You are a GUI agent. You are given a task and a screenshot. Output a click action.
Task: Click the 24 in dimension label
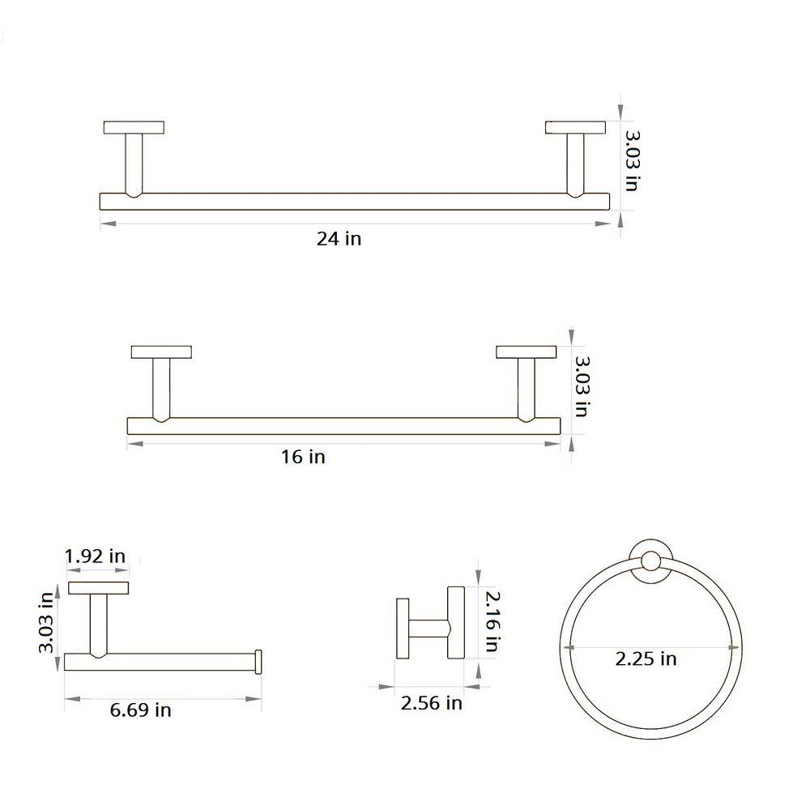[x=339, y=239]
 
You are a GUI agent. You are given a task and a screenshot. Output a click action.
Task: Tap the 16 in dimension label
[x=303, y=457]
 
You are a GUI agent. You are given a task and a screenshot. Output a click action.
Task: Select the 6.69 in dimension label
[x=140, y=710]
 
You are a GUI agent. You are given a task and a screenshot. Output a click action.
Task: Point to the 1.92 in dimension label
[x=95, y=556]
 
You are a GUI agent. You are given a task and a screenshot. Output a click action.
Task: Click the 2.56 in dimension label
[x=432, y=702]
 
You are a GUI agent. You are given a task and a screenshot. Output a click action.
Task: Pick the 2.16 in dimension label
[x=492, y=621]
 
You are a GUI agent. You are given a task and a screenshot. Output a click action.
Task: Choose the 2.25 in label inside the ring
[x=646, y=659]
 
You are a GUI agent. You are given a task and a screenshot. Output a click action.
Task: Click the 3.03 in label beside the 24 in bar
[x=633, y=161]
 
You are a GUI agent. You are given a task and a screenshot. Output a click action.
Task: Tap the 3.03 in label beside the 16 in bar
[x=582, y=386]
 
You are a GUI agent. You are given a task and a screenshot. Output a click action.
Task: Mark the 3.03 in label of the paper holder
[x=46, y=622]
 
